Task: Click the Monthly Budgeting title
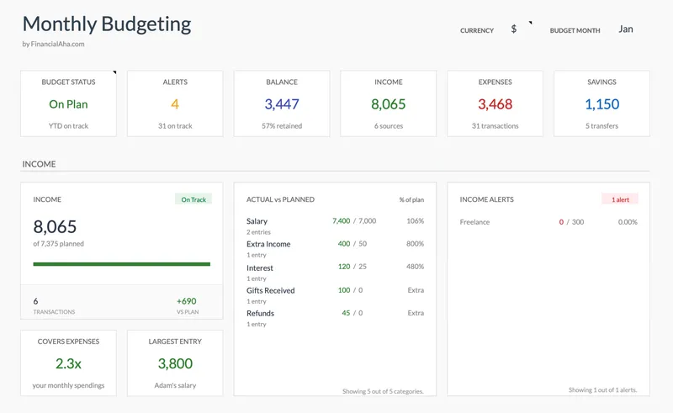point(106,24)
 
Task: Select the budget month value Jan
point(625,29)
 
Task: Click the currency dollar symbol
point(514,29)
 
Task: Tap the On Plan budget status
point(68,104)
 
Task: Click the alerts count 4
point(175,104)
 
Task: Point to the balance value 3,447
point(282,104)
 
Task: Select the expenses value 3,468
point(495,104)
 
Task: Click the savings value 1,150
point(601,104)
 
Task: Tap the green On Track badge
point(193,199)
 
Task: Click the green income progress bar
point(121,264)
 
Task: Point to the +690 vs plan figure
point(186,300)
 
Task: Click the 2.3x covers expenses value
point(68,363)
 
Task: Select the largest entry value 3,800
point(175,363)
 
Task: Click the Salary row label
point(257,221)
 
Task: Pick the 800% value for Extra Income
point(415,244)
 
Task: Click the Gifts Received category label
point(270,290)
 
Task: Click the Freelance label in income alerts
point(474,222)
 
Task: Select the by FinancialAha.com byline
point(53,45)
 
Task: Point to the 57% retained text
point(282,126)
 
